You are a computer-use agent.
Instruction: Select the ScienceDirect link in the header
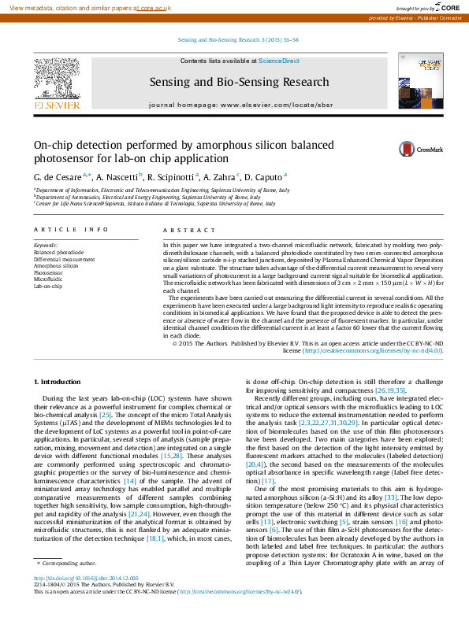tap(278, 61)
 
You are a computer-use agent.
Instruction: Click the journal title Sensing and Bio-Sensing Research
tap(239, 82)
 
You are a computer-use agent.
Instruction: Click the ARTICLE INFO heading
tap(70, 230)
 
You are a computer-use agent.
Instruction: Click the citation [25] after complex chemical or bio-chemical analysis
tap(105, 414)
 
